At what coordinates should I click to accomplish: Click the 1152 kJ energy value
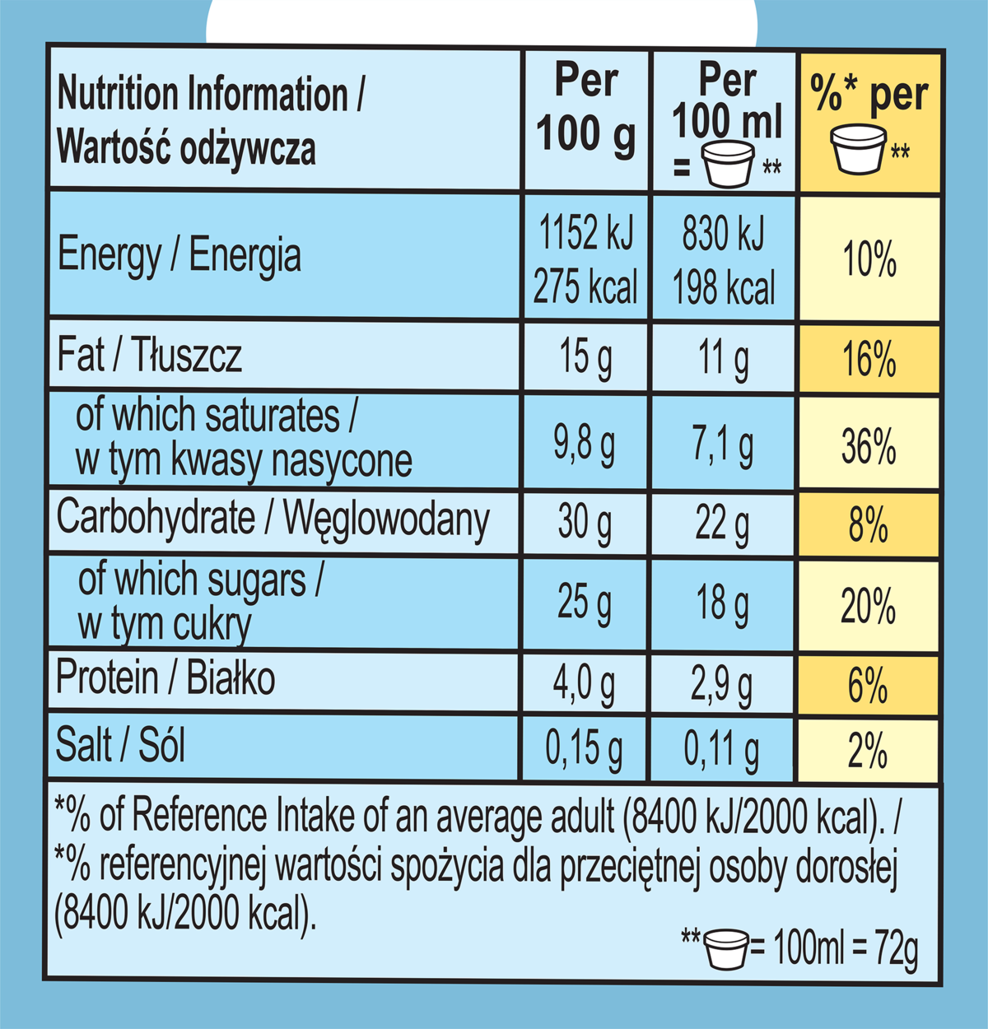[585, 233]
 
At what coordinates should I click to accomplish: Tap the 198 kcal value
[724, 288]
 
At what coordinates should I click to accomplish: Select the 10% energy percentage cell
[869, 260]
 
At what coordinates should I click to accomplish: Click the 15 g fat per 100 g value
[585, 358]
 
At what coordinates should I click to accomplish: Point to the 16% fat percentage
[869, 361]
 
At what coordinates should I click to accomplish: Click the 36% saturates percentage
[869, 446]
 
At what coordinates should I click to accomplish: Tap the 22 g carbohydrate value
[722, 524]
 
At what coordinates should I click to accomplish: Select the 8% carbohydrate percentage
[869, 524]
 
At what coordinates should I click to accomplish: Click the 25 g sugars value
[584, 603]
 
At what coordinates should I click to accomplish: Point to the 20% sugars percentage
[869, 607]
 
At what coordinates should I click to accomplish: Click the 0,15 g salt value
[584, 748]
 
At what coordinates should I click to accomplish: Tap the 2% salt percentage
[869, 750]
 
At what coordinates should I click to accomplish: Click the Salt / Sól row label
[120, 745]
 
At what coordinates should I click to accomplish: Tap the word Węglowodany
[386, 520]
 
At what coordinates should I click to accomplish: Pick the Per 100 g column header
[585, 107]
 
